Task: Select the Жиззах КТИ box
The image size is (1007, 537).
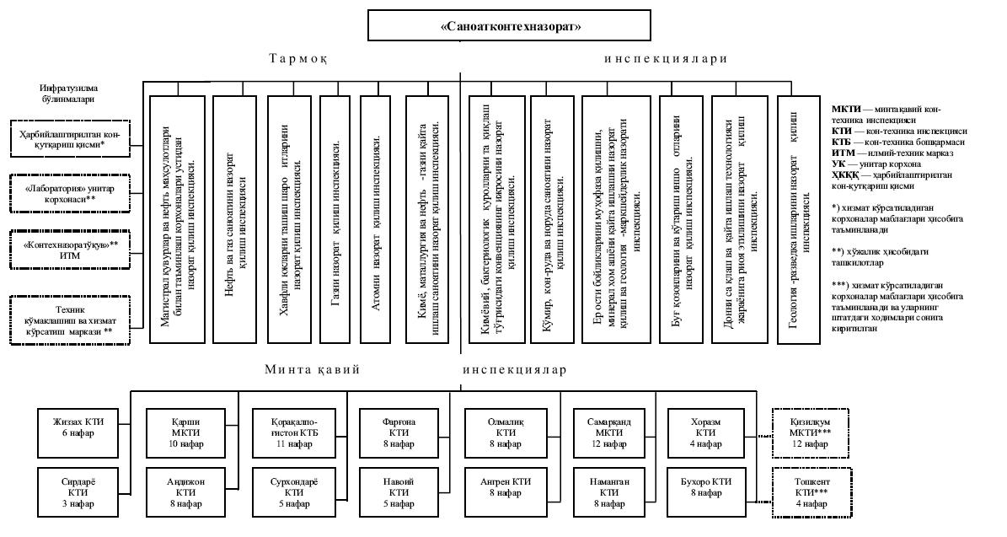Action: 77,427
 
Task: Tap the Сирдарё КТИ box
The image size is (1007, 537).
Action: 77,491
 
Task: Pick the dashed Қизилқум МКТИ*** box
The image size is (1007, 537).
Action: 806,432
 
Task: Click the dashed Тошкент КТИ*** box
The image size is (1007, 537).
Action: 806,491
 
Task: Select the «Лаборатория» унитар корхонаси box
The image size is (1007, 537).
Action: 70,193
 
